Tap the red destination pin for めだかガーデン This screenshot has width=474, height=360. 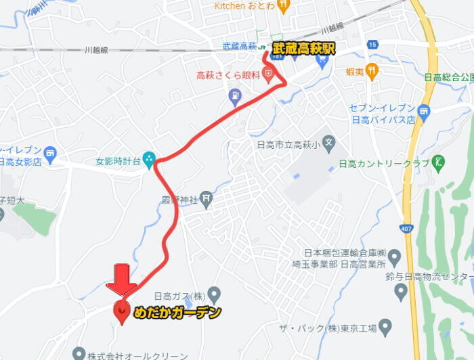coord(122,312)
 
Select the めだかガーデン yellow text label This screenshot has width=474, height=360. coord(177,313)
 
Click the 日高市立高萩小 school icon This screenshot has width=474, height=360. coord(328,143)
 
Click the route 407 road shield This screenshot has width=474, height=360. coord(406,228)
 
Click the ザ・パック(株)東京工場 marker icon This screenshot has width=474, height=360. coord(385,328)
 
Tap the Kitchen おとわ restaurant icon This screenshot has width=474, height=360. coord(283,7)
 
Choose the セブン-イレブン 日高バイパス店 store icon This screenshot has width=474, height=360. coord(425,110)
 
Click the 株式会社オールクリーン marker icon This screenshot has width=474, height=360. coord(79,353)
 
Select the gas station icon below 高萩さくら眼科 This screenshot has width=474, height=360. coord(235,97)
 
